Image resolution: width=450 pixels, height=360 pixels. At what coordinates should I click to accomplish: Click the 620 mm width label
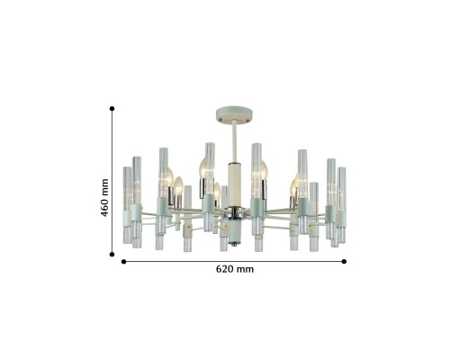click(234, 270)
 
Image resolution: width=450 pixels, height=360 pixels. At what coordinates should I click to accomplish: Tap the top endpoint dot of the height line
click(112, 108)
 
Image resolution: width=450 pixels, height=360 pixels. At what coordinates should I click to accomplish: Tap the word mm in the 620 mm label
click(245, 270)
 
